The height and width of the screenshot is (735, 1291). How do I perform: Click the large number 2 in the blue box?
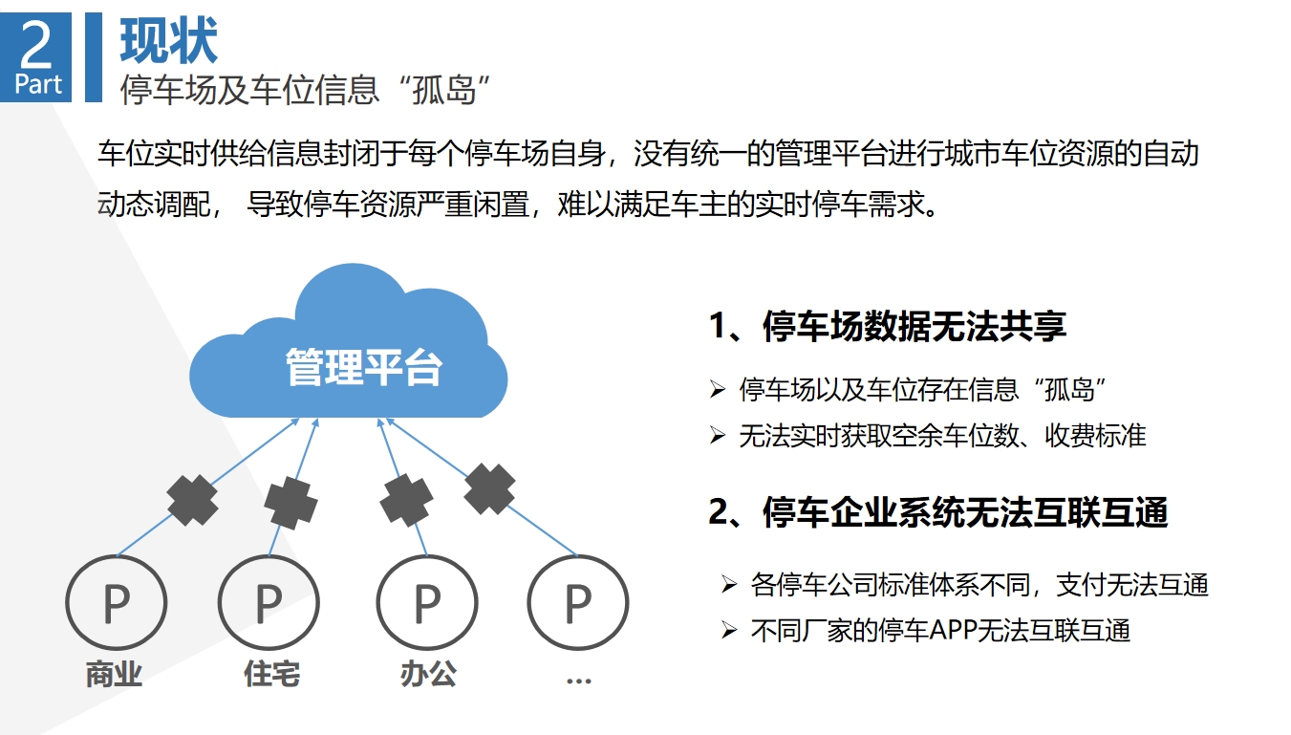coord(36,44)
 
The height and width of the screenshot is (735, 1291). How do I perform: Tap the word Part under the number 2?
coord(38,84)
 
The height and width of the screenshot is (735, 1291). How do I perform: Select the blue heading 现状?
coord(168,40)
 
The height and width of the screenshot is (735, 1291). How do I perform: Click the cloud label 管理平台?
coord(364,367)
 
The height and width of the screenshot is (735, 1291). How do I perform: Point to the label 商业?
coord(114,674)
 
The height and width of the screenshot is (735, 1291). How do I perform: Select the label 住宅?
coord(272,674)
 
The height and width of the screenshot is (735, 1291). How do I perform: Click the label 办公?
coord(428,674)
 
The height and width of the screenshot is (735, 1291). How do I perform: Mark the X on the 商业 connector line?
coord(192,501)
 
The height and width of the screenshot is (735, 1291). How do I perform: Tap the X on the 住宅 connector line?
coord(290,503)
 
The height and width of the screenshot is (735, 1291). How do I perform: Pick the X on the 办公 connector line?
coord(406,501)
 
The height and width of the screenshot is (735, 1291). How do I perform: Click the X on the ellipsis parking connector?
coord(490,488)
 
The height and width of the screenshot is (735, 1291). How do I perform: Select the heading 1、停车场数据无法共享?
coord(888,326)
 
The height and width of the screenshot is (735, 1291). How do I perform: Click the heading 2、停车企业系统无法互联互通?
coord(938,512)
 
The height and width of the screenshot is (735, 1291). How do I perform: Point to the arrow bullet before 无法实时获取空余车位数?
coord(718,435)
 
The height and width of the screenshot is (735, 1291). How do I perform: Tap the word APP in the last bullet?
coord(954,630)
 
